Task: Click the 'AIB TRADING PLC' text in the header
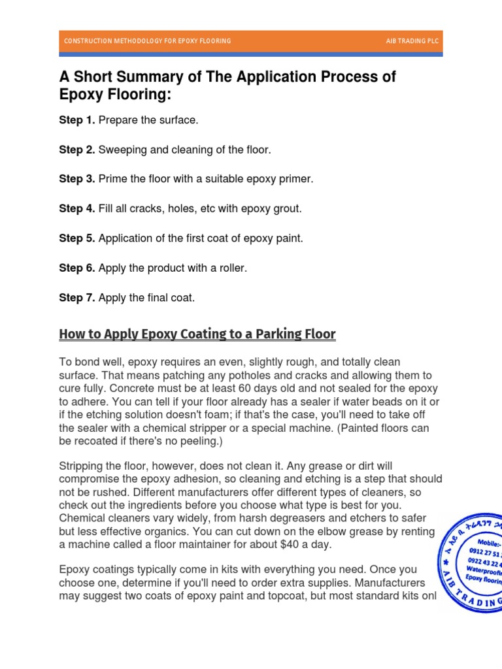412,41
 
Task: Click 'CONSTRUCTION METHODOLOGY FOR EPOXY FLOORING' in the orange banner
147,41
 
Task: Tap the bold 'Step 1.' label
77,120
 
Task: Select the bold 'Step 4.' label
77,209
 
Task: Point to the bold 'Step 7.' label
77,298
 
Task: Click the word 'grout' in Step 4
286,209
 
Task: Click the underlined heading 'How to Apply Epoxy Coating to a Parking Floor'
197,334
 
